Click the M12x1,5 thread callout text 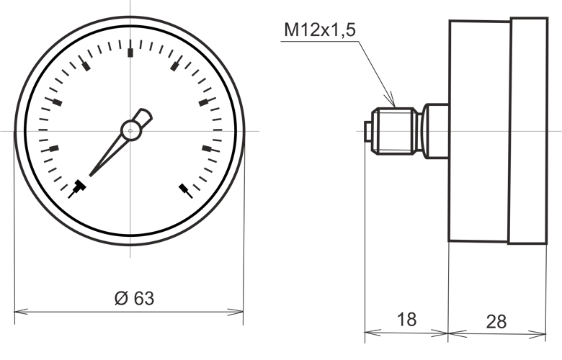click(x=320, y=30)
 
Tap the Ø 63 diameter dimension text click(x=135, y=298)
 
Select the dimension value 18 click(x=407, y=319)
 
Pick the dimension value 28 click(x=496, y=321)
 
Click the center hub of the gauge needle click(x=130, y=131)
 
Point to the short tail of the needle click(x=143, y=117)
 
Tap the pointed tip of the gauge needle click(x=90, y=175)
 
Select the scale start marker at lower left click(x=77, y=189)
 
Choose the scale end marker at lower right click(x=186, y=191)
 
